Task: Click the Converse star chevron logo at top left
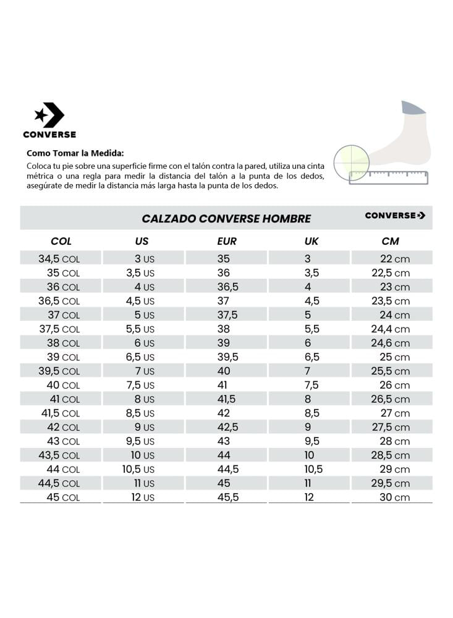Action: pos(49,116)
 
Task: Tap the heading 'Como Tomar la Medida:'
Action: pos(75,153)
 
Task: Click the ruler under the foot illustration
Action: pos(388,177)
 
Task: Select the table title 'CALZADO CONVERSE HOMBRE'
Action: pos(226,219)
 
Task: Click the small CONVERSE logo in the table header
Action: pos(395,215)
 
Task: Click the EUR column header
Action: pos(227,241)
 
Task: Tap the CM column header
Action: pos(391,241)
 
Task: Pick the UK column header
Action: pos(311,241)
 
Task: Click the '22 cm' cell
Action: pos(394,259)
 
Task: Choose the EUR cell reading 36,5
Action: pos(227,287)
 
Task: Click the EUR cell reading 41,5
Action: pos(226,399)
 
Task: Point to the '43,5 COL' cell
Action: pos(59,455)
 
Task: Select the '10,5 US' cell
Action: pos(138,469)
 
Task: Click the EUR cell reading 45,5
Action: pos(227,497)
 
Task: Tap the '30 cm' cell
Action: pos(394,497)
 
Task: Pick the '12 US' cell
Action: pos(143,497)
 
